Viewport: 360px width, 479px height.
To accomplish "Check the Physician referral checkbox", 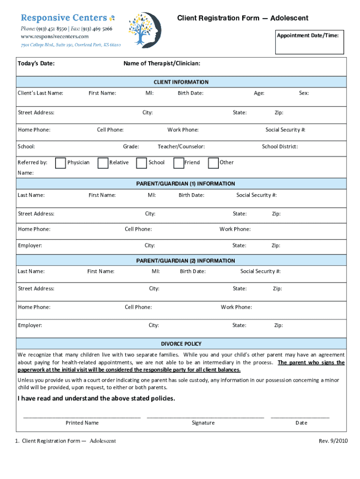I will (60, 163).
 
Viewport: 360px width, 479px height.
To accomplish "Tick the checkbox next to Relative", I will (103, 163).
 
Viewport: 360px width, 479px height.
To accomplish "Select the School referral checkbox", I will (141, 163).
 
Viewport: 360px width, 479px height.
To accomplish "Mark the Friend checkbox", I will (178, 163).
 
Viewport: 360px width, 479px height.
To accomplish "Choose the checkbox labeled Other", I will (213, 163).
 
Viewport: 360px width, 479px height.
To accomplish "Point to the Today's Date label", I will (36, 63).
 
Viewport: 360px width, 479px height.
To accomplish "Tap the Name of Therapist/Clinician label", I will (162, 63).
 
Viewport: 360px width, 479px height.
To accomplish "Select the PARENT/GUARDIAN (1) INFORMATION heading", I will (186, 184).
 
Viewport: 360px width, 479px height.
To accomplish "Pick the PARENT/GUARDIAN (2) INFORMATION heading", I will (186, 261).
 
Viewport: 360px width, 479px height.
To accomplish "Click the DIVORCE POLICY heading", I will (181, 344).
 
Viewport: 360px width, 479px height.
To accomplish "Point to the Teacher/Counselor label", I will (181, 146).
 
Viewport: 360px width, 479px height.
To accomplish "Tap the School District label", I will (280, 146).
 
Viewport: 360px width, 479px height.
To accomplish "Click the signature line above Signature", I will (205, 416).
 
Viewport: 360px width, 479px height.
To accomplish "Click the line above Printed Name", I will (82, 416).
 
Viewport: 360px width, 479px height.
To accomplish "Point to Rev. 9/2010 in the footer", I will (333, 441).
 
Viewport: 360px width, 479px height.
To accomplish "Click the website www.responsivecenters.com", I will (54, 36).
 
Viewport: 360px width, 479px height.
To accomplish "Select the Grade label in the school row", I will (131, 146).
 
